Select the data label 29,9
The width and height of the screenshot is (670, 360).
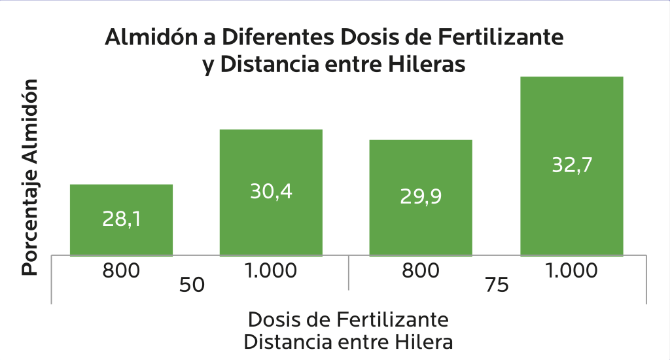tap(421, 196)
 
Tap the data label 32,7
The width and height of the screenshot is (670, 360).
tap(571, 165)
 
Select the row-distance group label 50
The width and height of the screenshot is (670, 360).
tap(192, 285)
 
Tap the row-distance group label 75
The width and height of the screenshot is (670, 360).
tap(497, 285)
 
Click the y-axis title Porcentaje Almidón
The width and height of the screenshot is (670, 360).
tap(29, 178)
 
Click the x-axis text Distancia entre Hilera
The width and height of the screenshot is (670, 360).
tap(348, 342)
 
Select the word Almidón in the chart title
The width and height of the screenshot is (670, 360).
tap(145, 37)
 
